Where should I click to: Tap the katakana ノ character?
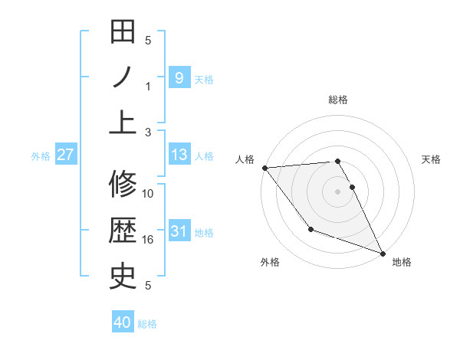[x=123, y=77]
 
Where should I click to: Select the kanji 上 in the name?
[x=123, y=121]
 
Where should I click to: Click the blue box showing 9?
[x=179, y=77]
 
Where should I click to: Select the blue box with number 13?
[x=179, y=155]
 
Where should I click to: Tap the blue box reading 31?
[x=179, y=231]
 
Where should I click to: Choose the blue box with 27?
[x=66, y=155]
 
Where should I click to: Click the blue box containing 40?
[x=123, y=322]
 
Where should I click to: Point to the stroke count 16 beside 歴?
[x=148, y=240]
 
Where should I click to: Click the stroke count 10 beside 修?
[x=148, y=194]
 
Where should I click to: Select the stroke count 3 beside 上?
[x=148, y=132]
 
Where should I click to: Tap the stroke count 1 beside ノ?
[x=148, y=86]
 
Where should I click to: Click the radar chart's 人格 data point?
[x=264, y=168]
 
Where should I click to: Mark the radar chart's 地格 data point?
[x=382, y=253]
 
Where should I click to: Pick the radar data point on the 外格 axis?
[x=310, y=229]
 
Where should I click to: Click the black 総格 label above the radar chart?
[x=338, y=100]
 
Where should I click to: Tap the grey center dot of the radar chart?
[x=338, y=191]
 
